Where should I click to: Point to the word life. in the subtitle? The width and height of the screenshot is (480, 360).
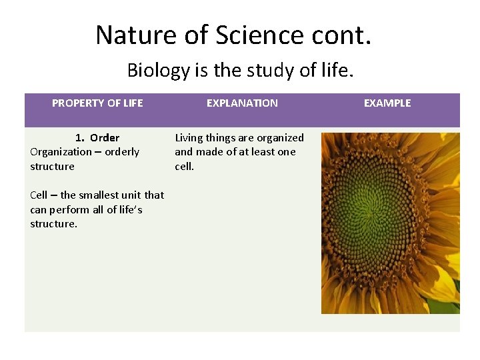[334, 70]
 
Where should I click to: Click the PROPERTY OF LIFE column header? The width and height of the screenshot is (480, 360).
[97, 103]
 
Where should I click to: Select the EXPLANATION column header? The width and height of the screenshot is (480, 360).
[242, 103]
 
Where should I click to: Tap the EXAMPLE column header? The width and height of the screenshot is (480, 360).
[387, 103]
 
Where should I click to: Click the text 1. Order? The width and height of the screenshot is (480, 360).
[97, 138]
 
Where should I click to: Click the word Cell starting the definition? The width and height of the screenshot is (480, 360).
[39, 195]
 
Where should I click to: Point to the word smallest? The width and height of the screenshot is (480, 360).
[100, 195]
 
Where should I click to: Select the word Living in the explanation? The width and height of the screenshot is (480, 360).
[189, 138]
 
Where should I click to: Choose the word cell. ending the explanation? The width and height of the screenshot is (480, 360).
[185, 167]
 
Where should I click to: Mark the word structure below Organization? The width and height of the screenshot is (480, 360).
[52, 167]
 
